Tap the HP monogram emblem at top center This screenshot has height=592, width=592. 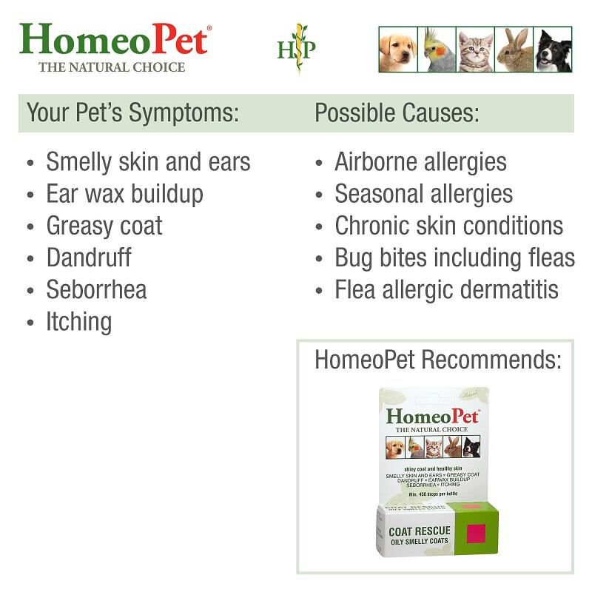tap(297, 49)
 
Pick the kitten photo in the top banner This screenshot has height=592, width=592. tap(475, 50)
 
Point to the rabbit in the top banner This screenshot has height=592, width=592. tap(514, 50)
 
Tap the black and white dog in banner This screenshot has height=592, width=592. tap(553, 50)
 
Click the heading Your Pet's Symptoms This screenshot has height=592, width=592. tap(132, 113)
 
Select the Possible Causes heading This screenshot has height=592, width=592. tap(397, 113)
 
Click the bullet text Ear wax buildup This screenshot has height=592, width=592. tap(124, 194)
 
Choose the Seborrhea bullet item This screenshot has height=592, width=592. tap(96, 289)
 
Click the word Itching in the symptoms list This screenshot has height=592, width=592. tap(78, 322)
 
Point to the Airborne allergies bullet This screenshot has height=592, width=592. tap(420, 162)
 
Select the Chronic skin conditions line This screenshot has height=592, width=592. tap(448, 226)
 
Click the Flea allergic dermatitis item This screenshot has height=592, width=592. tap(446, 289)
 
